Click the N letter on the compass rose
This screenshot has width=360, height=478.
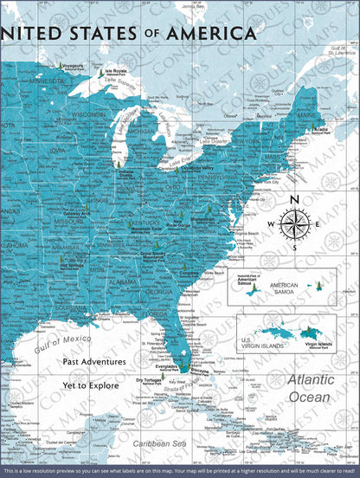(x=295, y=201)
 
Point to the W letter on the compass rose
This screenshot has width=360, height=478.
(x=269, y=225)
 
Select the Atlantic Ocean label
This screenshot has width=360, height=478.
(x=310, y=388)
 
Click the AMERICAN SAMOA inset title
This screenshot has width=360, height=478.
(x=284, y=285)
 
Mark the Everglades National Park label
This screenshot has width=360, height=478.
(x=165, y=366)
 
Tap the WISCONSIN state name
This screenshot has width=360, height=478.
(x=88, y=113)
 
